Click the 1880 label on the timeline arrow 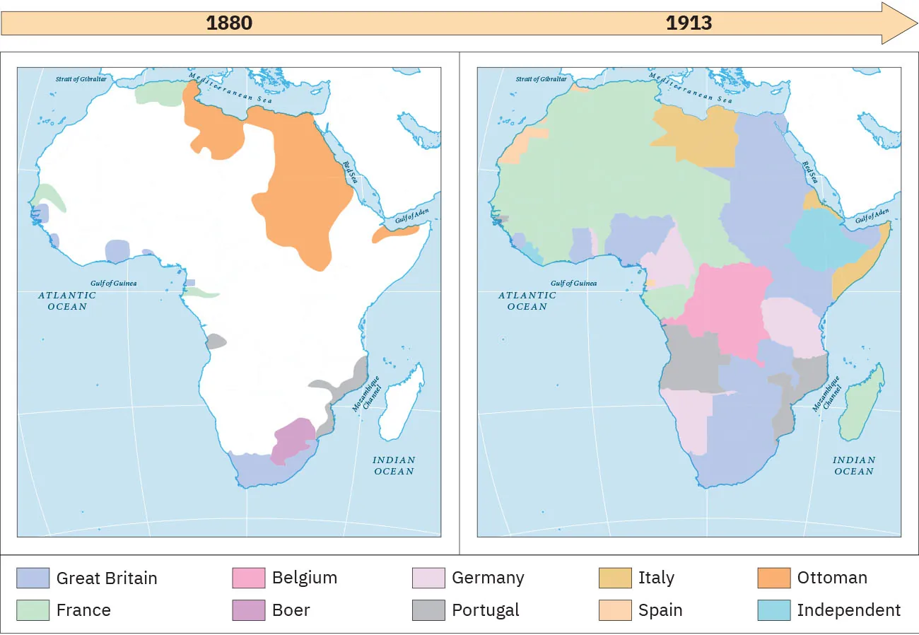pyautogui.click(x=229, y=23)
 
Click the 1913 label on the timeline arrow pyautogui.click(x=689, y=23)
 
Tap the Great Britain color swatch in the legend pyautogui.click(x=33, y=578)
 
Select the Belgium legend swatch pyautogui.click(x=248, y=578)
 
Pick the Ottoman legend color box pyautogui.click(x=773, y=578)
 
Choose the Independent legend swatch pyautogui.click(x=773, y=610)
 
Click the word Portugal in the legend pyautogui.click(x=485, y=610)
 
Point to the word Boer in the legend pyautogui.click(x=291, y=610)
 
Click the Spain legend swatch pyautogui.click(x=614, y=610)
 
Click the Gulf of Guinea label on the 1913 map pyautogui.click(x=573, y=284)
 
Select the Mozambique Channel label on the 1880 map pyautogui.click(x=367, y=394)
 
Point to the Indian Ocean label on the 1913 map pyautogui.click(x=853, y=465)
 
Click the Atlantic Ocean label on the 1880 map pyautogui.click(x=67, y=301)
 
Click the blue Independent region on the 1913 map pyautogui.click(x=820, y=240)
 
